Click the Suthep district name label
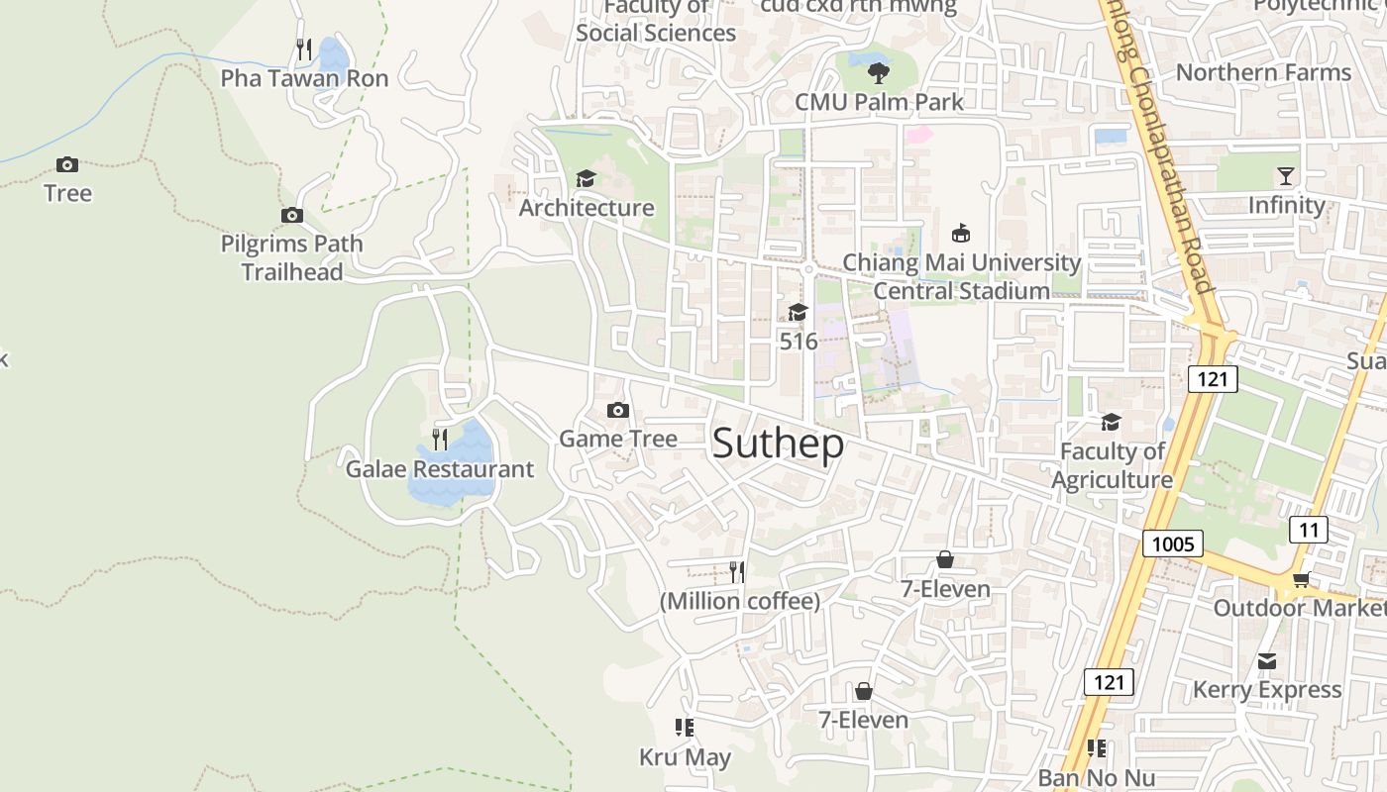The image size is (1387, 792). [x=778, y=444]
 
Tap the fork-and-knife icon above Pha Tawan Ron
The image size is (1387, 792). [x=304, y=49]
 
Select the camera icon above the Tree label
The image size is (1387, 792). [x=67, y=164]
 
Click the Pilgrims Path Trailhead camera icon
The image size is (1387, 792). [x=291, y=215]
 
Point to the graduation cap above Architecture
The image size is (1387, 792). [x=586, y=178]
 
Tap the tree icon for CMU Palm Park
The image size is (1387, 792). [x=878, y=72]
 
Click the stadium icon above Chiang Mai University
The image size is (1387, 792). [x=960, y=234]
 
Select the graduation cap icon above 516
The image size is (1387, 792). [x=798, y=313]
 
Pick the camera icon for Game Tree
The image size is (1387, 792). [x=618, y=410]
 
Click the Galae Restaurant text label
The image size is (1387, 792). [x=439, y=468]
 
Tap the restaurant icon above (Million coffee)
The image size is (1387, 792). [x=737, y=571]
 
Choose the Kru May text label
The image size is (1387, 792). [x=685, y=757]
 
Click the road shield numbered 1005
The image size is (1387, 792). [x=1172, y=543]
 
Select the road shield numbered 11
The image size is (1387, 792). [x=1308, y=530]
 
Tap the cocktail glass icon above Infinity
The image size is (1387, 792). [x=1286, y=176]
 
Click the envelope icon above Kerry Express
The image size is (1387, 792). [x=1267, y=661]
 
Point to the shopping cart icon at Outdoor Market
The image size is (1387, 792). [x=1300, y=579]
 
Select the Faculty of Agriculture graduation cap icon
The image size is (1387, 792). [x=1111, y=423]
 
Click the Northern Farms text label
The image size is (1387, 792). [x=1262, y=72]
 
